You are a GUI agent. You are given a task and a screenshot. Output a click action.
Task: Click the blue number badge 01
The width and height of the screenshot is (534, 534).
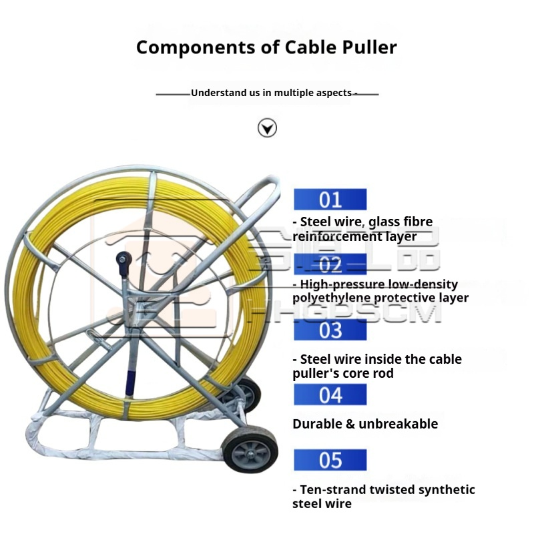330,200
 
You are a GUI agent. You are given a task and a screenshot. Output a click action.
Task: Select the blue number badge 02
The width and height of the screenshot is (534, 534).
330,265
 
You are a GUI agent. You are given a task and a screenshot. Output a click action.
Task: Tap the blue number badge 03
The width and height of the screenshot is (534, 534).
330,330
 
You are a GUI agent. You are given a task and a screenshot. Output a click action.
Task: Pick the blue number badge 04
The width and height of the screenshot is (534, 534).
330,394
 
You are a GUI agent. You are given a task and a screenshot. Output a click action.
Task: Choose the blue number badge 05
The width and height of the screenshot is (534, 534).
330,460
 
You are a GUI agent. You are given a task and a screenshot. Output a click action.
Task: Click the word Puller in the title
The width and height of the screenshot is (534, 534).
366,48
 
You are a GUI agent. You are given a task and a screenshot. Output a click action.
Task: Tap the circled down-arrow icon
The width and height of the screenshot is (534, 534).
267,127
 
